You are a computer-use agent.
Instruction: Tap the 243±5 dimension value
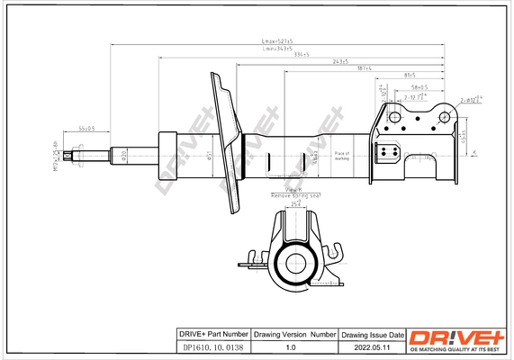pyautogui.click(x=339, y=61)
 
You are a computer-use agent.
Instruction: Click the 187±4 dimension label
pyautogui.click(x=365, y=68)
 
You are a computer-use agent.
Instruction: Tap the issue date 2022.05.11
pyautogui.click(x=371, y=344)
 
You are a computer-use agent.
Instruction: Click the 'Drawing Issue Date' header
pyautogui.click(x=371, y=334)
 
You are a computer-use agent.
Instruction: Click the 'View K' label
pyautogui.click(x=293, y=190)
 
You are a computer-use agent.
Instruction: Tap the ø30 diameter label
pyautogui.click(x=123, y=156)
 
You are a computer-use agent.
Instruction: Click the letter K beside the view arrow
pyautogui.click(x=473, y=151)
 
